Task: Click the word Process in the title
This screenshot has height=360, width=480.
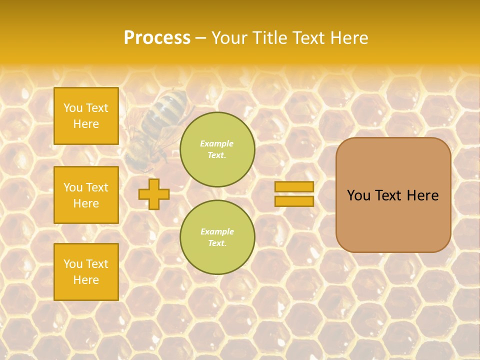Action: [x=157, y=38]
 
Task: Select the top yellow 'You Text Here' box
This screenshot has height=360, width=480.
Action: [x=86, y=116]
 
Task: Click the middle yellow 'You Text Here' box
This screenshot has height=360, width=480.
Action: [x=86, y=195]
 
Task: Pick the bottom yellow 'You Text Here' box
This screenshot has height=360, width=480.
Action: [x=86, y=272]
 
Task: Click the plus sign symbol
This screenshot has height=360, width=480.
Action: [x=154, y=194]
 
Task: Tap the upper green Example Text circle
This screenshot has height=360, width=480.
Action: [x=217, y=149]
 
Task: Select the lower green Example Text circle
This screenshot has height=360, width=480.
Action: [x=217, y=237]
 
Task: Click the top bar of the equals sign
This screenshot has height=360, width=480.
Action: [x=294, y=187]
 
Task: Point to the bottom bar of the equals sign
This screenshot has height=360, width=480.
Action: [x=294, y=201]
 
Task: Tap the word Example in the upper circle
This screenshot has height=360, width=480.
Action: [x=217, y=143]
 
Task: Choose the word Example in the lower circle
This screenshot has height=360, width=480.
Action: [x=217, y=231]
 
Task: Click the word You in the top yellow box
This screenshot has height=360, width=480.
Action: [x=73, y=108]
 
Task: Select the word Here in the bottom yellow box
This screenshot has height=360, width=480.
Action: [x=86, y=280]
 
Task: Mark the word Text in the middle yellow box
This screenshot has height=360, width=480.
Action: [x=97, y=187]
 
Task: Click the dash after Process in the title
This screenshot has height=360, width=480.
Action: [x=201, y=38]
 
